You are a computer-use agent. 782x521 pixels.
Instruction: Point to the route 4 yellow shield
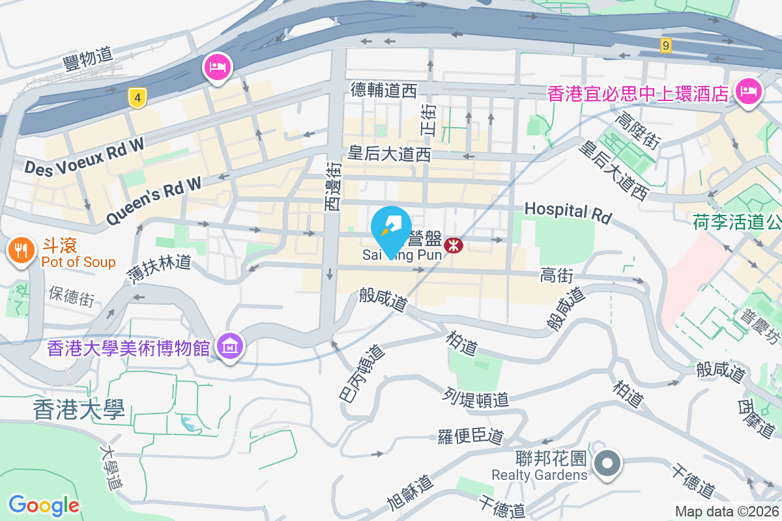pyautogui.click(x=136, y=98)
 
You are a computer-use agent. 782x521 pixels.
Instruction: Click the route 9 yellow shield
pyautogui.click(x=665, y=45)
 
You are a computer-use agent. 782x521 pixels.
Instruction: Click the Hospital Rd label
pyautogui.click(x=568, y=212)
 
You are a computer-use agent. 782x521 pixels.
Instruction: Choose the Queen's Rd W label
pyautogui.click(x=154, y=201)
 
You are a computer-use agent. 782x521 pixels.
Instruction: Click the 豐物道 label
pyautogui.click(x=88, y=58)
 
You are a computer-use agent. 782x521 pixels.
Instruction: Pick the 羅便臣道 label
pyautogui.click(x=471, y=436)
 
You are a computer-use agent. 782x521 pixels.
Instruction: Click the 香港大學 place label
pyautogui.click(x=79, y=410)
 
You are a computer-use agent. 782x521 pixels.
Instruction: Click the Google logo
pyautogui.click(x=44, y=505)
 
